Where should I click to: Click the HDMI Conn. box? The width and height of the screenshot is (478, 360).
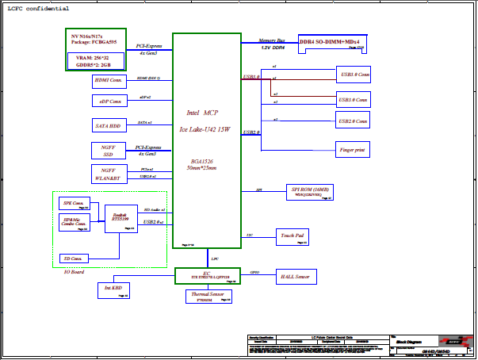109,80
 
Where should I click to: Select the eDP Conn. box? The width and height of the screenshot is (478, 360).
109,101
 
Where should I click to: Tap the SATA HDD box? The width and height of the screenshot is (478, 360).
109,125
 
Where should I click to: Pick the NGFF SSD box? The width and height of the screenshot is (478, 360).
109,150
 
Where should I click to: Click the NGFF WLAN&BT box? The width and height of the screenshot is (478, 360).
109,174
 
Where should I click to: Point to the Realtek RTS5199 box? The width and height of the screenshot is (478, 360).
121,217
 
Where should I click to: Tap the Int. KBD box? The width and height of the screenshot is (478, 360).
112,291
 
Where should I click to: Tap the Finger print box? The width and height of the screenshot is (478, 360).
352,148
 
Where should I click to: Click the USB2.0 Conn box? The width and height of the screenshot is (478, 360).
352,121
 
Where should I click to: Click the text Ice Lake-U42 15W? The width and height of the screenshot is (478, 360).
204,128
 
